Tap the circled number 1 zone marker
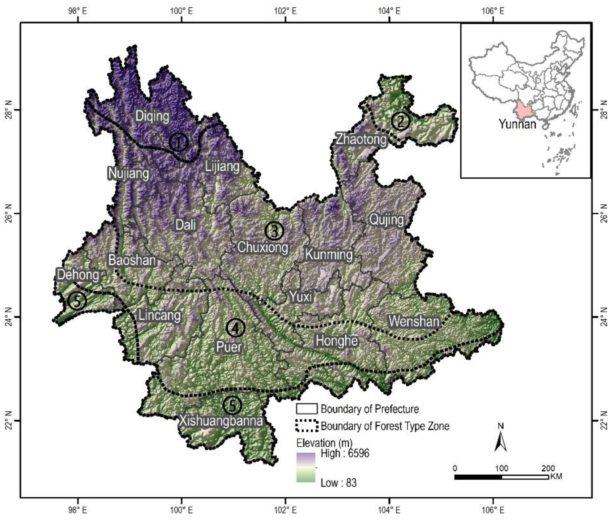[x=179, y=142]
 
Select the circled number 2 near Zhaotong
[x=400, y=121]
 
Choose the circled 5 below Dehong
[x=77, y=301]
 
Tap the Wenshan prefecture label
[x=414, y=321]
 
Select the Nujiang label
[x=128, y=173]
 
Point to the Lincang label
[x=159, y=316]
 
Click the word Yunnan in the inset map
[x=517, y=124]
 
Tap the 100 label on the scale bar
[x=502, y=468]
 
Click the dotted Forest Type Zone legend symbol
[x=307, y=426]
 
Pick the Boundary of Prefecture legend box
[x=307, y=409]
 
